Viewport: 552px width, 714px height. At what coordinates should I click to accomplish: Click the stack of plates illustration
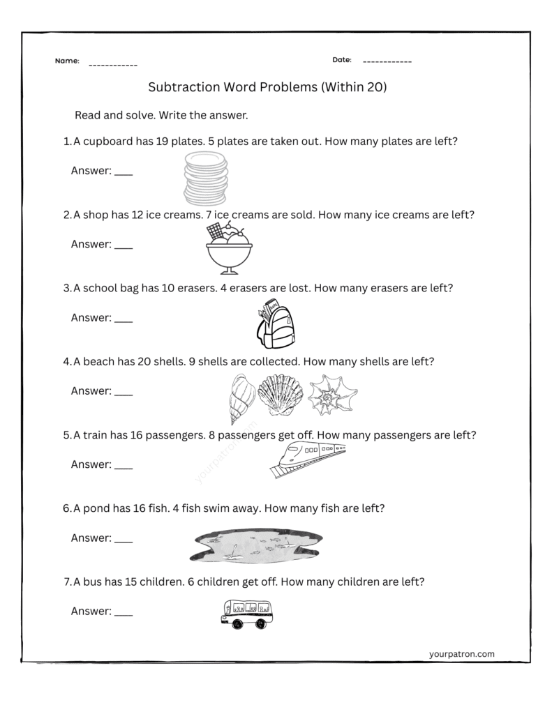(206, 178)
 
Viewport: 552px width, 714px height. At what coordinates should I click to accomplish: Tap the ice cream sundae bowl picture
(228, 249)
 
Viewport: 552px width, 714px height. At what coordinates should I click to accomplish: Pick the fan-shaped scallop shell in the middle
(281, 395)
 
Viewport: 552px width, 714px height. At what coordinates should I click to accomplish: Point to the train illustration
(308, 458)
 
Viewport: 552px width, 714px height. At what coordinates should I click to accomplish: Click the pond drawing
(255, 544)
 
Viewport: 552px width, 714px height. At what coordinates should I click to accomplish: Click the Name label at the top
(67, 61)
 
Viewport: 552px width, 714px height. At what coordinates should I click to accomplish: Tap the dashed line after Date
(387, 61)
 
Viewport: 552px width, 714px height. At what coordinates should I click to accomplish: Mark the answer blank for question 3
(123, 319)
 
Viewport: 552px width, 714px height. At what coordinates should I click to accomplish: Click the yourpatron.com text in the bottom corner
(461, 654)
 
